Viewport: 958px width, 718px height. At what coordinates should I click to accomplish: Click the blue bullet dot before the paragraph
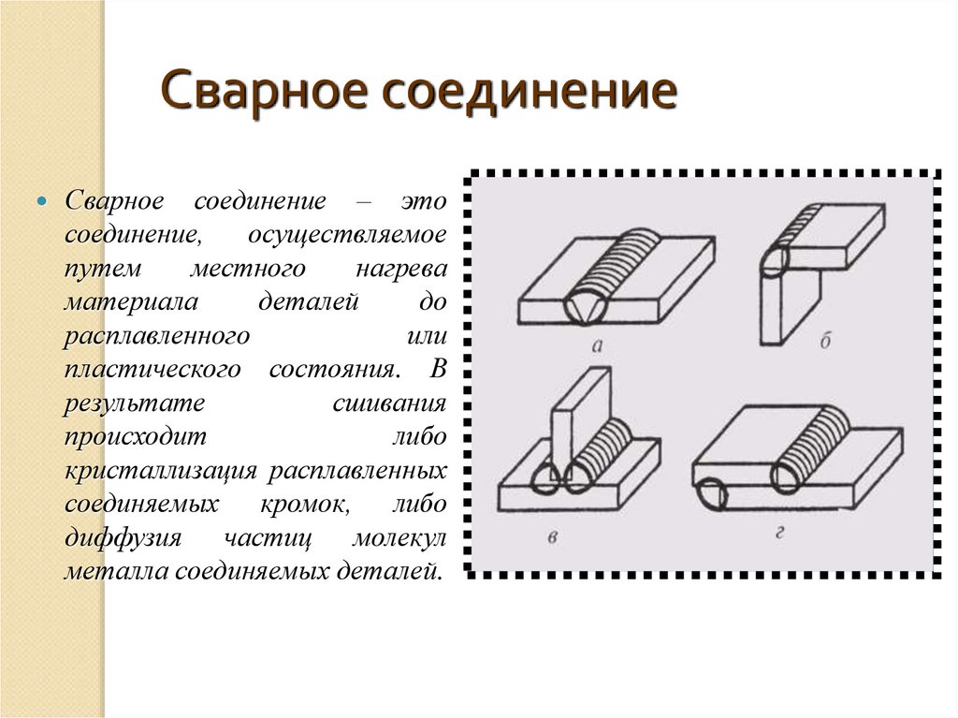tap(41, 202)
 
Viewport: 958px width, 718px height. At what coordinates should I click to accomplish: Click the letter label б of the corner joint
tap(825, 343)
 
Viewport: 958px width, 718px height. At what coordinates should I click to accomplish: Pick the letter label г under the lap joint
tap(779, 534)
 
